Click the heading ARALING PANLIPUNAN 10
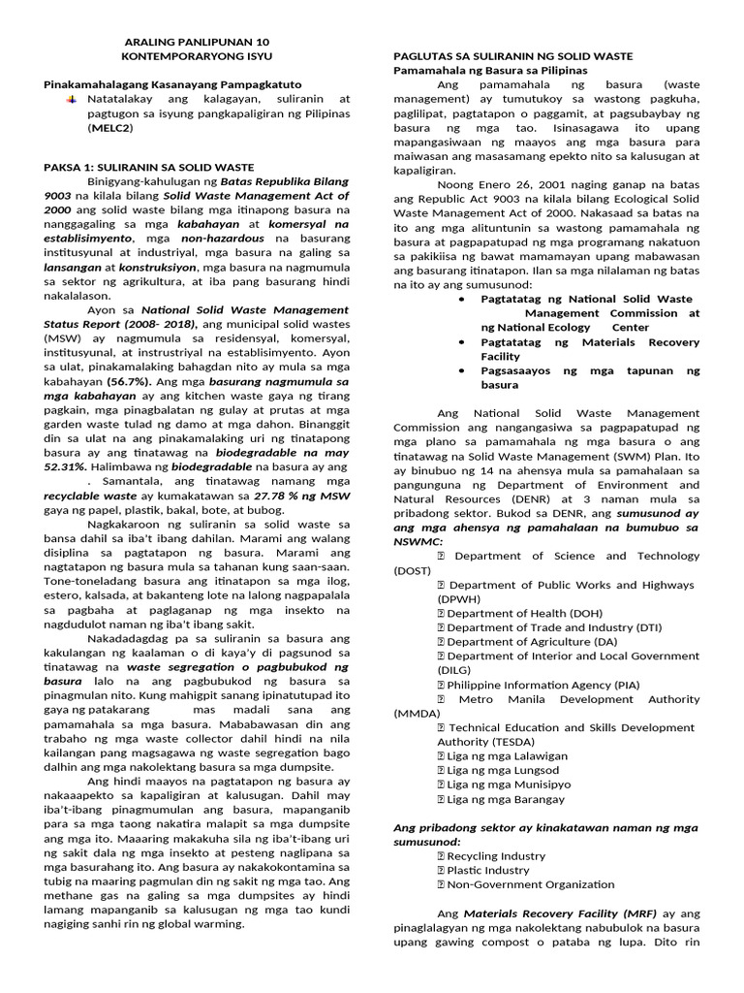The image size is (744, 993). click(x=199, y=43)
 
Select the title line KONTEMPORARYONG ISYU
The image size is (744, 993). click(x=199, y=57)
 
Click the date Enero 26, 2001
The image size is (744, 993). click(x=498, y=184)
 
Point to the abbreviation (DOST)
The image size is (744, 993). click(x=412, y=570)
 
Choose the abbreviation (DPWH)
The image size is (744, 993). click(x=457, y=598)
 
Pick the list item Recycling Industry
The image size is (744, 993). click(x=497, y=855)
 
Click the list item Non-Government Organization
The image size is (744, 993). click(x=530, y=883)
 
